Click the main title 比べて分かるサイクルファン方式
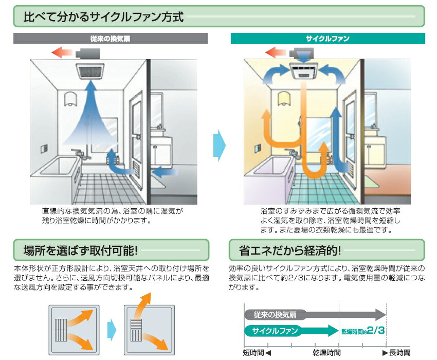click(x=103, y=16)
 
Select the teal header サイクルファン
click(x=327, y=39)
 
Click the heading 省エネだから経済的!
click(x=290, y=251)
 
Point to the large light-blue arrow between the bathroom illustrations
click(x=219, y=146)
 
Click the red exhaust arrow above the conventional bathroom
click(x=63, y=52)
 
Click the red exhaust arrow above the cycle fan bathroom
click(x=277, y=52)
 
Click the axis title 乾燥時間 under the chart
click(x=326, y=352)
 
